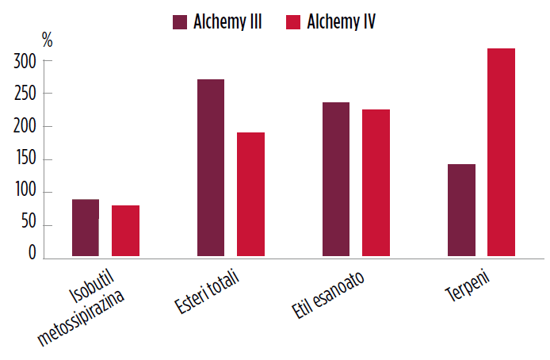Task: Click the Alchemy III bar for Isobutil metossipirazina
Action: pos(85,228)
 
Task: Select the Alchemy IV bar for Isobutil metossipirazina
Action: pos(125,231)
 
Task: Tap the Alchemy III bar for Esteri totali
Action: pos(210,167)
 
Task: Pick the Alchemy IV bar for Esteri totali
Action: pos(250,194)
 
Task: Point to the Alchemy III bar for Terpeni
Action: pos(460,210)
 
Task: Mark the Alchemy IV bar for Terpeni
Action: pos(501,152)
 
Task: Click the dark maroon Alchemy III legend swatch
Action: pos(179,21)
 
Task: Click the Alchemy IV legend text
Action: pos(341,21)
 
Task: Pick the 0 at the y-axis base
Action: pos(32,253)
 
